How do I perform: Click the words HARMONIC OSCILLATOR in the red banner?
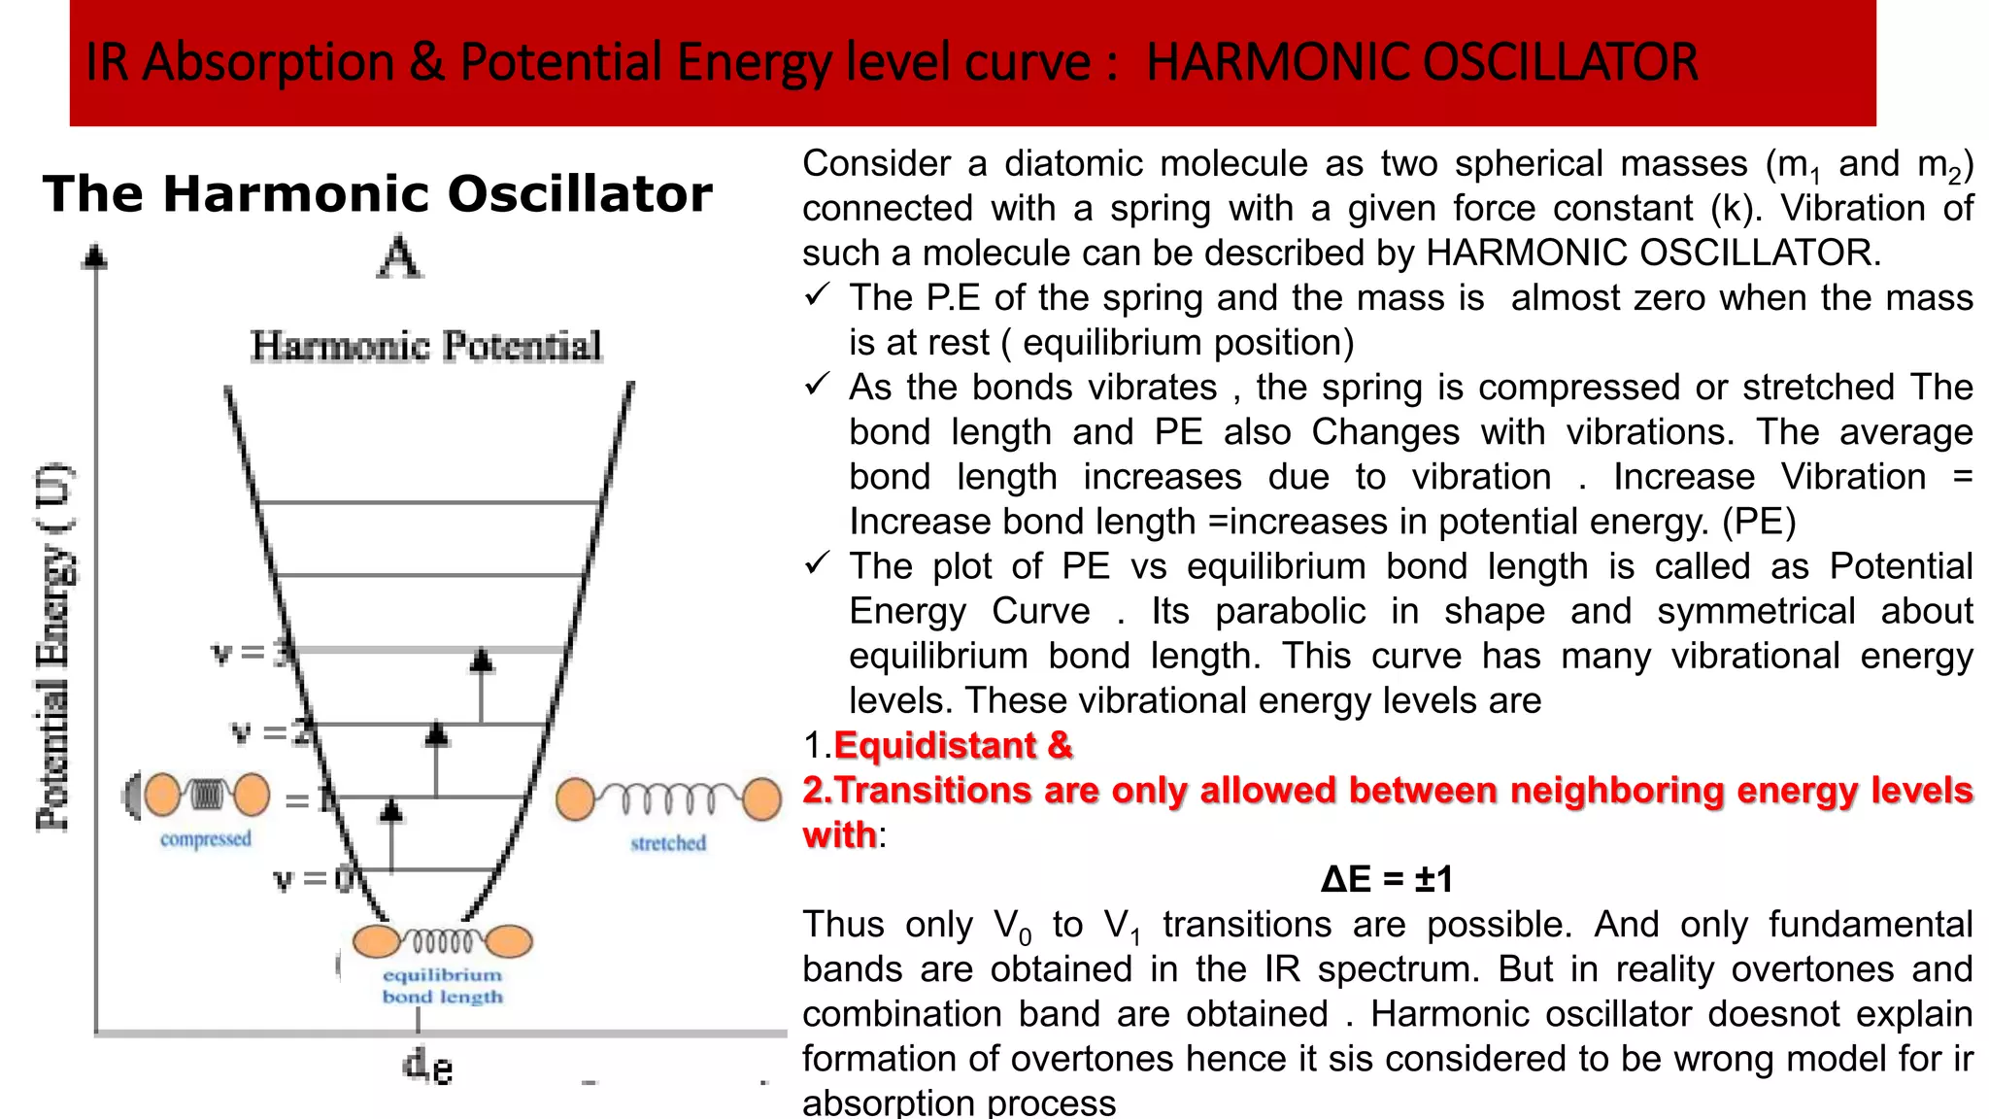(1422, 62)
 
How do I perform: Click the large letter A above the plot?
(400, 257)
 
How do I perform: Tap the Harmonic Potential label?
(426, 346)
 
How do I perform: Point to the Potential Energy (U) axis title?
(54, 647)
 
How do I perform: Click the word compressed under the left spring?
(206, 838)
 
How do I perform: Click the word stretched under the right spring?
(668, 843)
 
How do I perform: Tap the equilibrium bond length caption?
(443, 985)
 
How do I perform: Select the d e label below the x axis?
(427, 1067)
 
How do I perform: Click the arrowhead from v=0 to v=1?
(391, 810)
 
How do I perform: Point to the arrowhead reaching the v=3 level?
(482, 661)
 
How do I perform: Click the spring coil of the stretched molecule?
(668, 798)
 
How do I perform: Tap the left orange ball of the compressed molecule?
(162, 795)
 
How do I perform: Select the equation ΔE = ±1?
(1387, 879)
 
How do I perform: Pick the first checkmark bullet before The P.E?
(817, 294)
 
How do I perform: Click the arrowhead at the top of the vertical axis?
(95, 256)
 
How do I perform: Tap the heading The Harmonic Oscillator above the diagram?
(378, 193)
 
